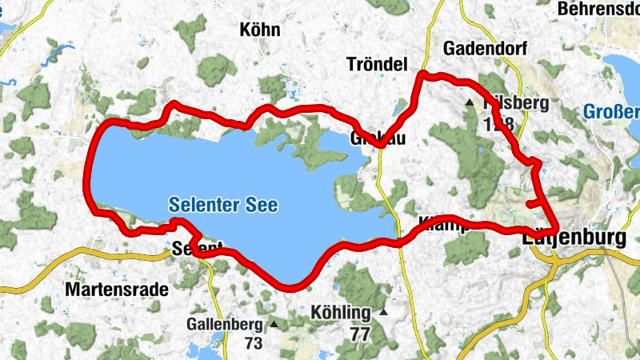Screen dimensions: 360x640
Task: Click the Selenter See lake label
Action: click(223, 206)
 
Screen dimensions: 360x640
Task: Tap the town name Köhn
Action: click(260, 30)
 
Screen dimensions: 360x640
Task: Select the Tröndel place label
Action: click(378, 64)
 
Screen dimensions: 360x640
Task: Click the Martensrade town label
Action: click(117, 289)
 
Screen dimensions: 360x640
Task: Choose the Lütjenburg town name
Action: click(572, 238)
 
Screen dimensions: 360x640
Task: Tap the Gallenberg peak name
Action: click(225, 324)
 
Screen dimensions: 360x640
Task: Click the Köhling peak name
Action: click(342, 312)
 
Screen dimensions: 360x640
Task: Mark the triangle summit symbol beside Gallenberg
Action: click(274, 324)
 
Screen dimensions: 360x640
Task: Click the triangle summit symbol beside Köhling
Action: click(384, 312)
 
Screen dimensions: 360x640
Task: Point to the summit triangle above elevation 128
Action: click(470, 103)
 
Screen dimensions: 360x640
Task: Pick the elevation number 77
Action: click(360, 334)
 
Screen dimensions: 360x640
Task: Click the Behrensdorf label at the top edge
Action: click(599, 9)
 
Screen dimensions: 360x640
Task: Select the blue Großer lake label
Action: click(611, 113)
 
